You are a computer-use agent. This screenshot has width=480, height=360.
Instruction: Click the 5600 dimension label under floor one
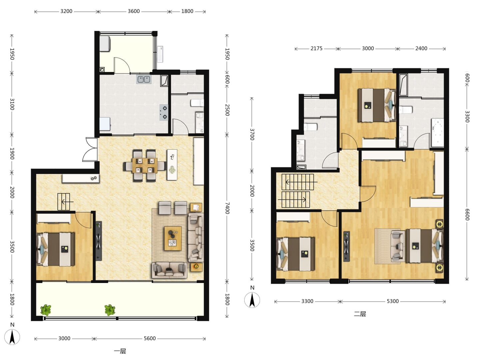tap(150, 338)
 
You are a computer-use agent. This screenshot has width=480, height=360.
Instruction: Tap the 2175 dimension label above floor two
tap(316, 48)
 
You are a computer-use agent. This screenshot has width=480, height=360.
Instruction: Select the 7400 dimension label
tap(227, 208)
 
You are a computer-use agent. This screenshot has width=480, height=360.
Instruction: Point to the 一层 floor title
tap(120, 351)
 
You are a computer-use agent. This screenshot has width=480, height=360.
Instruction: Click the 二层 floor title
tap(360, 314)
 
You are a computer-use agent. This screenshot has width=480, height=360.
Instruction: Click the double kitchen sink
tap(144, 79)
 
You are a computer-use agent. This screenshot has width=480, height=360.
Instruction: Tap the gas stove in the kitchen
tap(164, 113)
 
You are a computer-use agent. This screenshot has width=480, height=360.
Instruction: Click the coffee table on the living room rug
tap(173, 238)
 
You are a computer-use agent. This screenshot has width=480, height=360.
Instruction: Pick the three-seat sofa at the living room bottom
tap(169, 270)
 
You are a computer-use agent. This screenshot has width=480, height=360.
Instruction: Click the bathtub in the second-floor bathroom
tap(437, 132)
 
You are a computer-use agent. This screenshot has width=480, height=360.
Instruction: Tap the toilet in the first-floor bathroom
tap(197, 103)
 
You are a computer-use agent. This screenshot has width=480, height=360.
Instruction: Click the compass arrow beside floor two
tap(252, 300)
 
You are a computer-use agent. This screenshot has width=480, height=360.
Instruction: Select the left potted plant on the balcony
tap(46, 310)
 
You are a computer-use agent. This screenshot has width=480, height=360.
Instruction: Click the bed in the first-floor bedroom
tap(56, 249)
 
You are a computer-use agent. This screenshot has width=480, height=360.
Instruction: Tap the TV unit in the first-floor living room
tap(99, 241)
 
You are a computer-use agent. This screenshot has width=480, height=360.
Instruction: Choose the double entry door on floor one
tap(90, 150)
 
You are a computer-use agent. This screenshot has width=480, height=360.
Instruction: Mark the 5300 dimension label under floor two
tap(393, 301)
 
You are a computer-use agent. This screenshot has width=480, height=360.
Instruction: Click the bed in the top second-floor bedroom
tap(377, 105)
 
